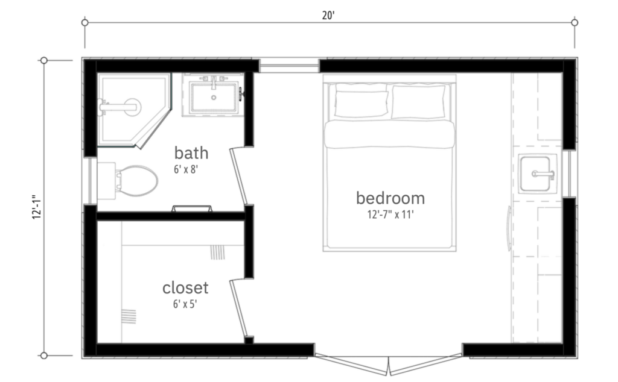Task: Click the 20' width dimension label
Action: pos(328,15)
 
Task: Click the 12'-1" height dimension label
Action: pos(37,207)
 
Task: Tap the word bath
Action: pos(191,152)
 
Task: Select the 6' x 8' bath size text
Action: pos(186,169)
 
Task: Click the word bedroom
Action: pos(390,198)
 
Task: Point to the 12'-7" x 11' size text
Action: pos(390,214)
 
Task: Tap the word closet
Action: pos(185,287)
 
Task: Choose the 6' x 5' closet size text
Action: pos(185,304)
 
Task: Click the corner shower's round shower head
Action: pos(132,107)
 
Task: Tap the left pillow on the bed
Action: pos(361,104)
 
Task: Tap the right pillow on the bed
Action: pos(418,101)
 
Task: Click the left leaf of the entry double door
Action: pos(352,364)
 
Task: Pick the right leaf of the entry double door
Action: pos(425,364)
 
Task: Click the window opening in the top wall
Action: pos(289,65)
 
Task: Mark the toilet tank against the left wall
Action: pos(106,181)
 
